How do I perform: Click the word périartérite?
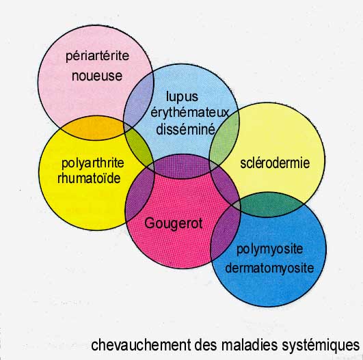click(97, 56)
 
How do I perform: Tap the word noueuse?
click(97, 76)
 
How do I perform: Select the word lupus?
click(182, 97)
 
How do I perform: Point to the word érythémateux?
click(190, 113)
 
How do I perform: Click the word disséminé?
click(186, 129)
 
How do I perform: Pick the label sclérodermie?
click(275, 163)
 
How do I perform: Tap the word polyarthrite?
click(92, 163)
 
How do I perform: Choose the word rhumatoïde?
click(89, 178)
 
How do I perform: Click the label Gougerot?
click(174, 224)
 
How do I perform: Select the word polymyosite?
click(270, 249)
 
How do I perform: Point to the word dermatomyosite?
click(269, 268)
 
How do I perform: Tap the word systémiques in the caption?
click(321, 346)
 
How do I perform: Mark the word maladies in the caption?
click(250, 345)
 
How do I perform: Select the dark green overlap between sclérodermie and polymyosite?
click(271, 205)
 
